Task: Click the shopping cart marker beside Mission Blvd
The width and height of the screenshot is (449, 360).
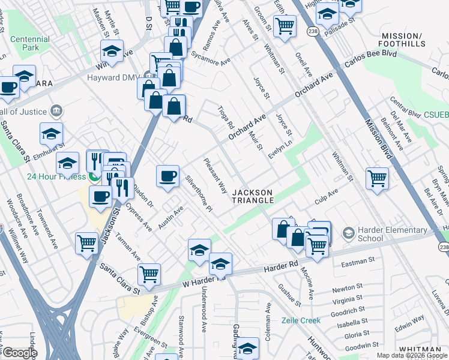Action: [377, 178]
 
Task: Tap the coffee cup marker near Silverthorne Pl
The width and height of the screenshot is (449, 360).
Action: [167, 176]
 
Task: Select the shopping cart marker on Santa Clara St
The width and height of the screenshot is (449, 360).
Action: [149, 274]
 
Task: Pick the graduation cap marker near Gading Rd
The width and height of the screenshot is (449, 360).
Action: [247, 347]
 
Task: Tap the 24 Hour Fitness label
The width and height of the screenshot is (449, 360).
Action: [57, 177]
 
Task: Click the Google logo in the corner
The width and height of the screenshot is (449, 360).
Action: [19, 353]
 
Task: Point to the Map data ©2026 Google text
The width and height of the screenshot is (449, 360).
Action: [412, 355]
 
